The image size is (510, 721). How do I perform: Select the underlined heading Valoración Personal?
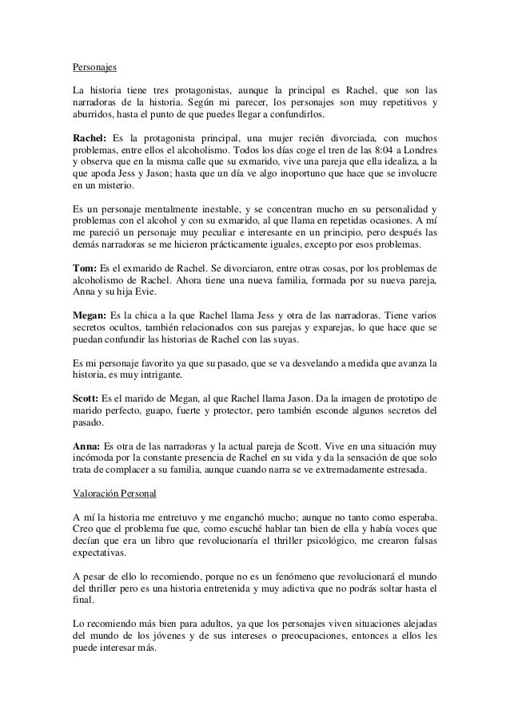click(115, 493)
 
